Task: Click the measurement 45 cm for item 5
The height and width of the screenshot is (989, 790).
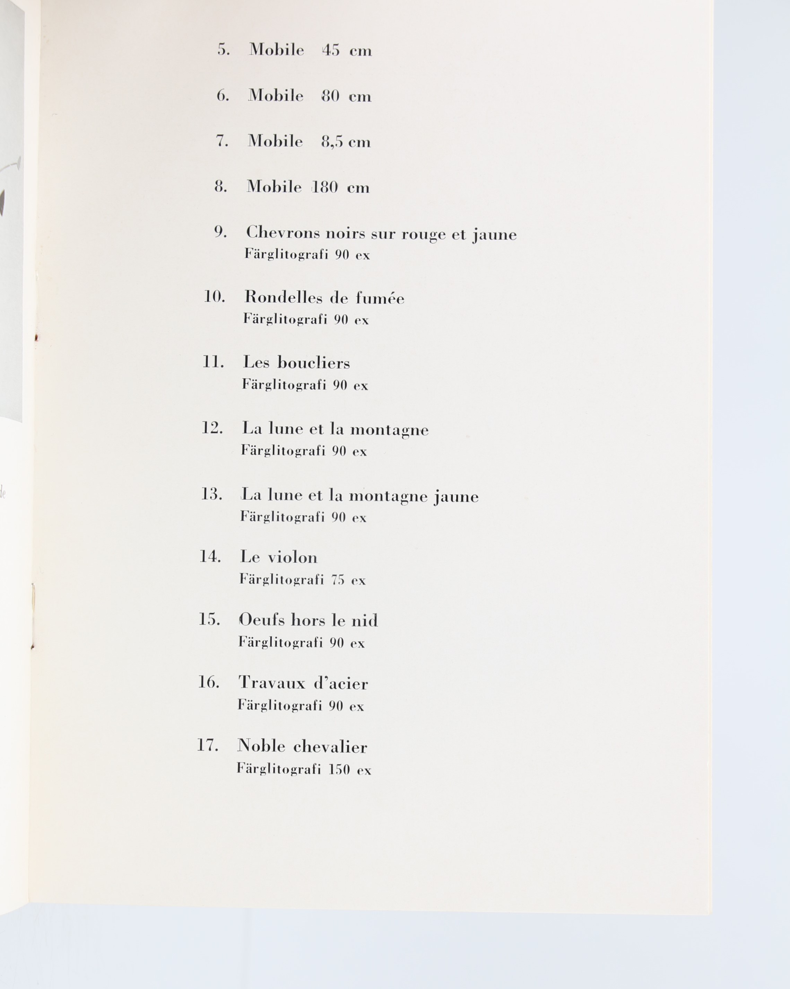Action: [x=347, y=50]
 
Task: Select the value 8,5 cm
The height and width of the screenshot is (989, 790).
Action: [x=346, y=141]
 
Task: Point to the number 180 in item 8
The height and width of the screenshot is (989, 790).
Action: [x=324, y=187]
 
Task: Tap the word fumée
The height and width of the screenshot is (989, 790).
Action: [x=380, y=298]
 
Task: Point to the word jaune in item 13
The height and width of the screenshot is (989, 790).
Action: [x=456, y=496]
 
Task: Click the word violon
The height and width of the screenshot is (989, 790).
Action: [x=293, y=557]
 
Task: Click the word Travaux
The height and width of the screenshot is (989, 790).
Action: [x=272, y=683]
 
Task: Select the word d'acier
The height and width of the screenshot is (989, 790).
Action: [x=341, y=683]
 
